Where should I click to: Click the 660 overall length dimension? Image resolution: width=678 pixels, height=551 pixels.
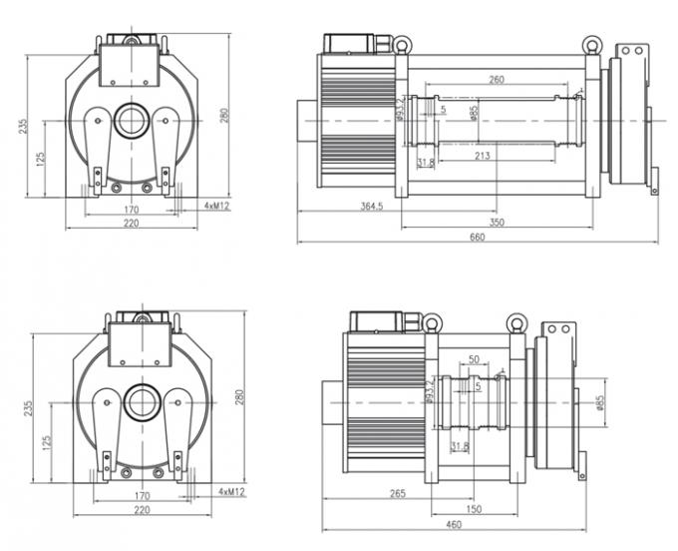[478, 237]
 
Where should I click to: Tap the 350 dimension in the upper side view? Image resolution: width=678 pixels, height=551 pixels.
[497, 223]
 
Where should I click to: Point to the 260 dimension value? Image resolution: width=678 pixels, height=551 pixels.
[496, 79]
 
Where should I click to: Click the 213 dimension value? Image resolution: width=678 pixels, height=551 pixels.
[483, 155]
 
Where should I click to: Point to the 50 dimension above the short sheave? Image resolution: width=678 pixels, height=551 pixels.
[474, 358]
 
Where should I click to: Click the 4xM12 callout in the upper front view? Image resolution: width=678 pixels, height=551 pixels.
[217, 206]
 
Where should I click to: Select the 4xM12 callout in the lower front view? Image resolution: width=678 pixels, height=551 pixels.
[231, 493]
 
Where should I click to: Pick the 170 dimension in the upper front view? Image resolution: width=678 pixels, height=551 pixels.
[131, 210]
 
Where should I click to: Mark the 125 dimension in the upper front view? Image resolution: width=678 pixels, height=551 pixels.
[41, 160]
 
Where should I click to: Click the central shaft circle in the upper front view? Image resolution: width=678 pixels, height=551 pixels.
[131, 121]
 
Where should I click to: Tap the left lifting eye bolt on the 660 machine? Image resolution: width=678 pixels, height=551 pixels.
[401, 44]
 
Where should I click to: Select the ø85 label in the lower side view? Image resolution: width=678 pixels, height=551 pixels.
[600, 402]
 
